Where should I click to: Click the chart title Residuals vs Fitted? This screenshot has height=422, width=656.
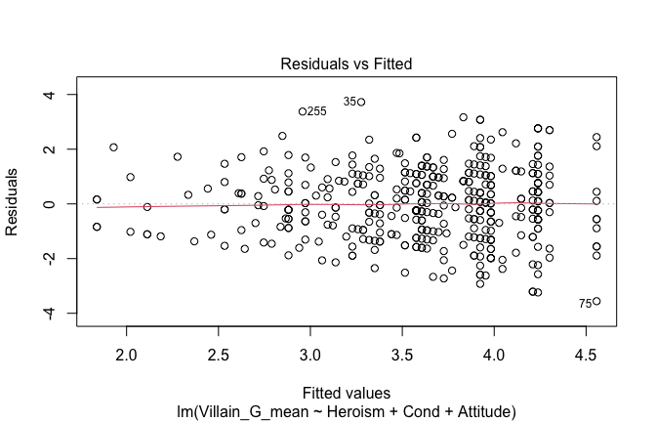(x=347, y=63)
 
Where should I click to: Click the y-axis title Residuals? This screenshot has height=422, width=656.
(x=15, y=204)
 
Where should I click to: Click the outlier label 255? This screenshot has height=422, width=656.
(x=316, y=111)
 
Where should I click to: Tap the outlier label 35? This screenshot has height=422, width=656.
(x=349, y=102)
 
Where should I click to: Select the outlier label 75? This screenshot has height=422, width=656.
(x=585, y=304)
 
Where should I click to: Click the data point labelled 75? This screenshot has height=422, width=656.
(x=596, y=301)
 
